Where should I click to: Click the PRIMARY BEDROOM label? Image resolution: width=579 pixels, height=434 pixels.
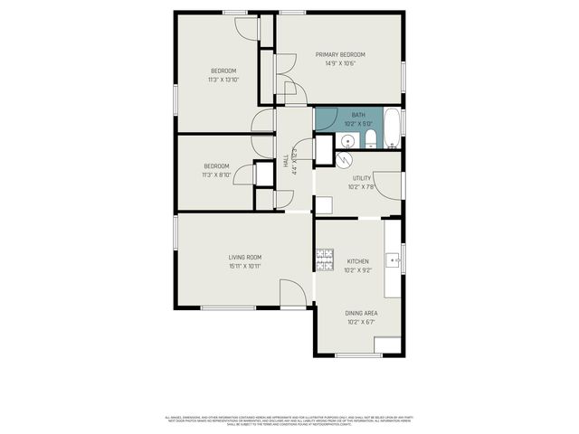coord(340,54)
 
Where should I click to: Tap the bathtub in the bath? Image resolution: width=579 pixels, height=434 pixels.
coord(391,129)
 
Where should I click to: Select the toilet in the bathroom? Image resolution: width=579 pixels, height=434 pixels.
coord(370,139)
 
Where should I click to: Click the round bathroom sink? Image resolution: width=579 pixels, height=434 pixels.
coord(347,141)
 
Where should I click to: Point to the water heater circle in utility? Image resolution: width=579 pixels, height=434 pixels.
coord(343,158)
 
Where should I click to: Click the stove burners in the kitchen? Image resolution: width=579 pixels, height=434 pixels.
coord(324,259)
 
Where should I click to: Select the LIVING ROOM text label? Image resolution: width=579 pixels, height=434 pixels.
coord(244,257)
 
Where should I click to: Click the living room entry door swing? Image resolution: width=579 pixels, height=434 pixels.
coord(292,294)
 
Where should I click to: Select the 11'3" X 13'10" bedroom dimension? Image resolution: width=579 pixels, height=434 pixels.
coord(223,80)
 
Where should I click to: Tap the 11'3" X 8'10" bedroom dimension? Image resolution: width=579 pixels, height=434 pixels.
coord(216,175)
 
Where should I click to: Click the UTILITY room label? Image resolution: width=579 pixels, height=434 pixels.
coord(362,179)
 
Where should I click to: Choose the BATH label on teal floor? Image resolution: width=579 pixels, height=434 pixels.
coord(358,114)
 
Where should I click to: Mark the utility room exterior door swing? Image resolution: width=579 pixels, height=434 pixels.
coord(387,184)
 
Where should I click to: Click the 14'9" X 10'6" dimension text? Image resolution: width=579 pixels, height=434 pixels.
coord(340,63)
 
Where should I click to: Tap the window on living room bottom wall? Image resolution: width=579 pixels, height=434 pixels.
coord(227,309)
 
